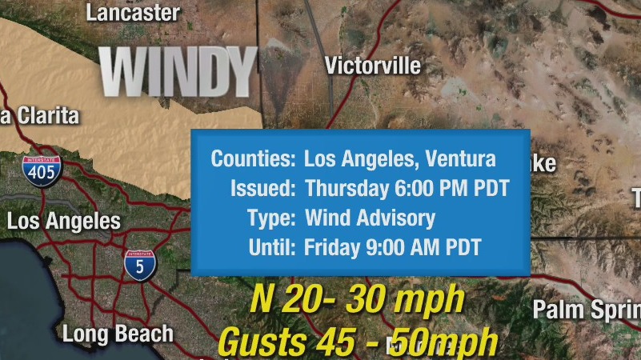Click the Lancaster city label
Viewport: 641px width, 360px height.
[133, 13]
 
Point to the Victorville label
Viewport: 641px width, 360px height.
[373, 66]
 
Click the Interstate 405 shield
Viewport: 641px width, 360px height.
[42, 170]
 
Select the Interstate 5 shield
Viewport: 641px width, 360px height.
[140, 265]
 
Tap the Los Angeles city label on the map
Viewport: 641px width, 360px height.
[64, 222]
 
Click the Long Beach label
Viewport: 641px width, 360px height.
[118, 334]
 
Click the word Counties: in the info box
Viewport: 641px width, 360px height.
[253, 159]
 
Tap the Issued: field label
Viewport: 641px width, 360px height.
[263, 189]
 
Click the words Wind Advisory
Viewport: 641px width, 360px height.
[370, 218]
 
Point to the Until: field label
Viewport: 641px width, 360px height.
[272, 247]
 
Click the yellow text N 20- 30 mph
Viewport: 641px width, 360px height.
[357, 300]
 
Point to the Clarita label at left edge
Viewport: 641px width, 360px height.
[40, 116]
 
